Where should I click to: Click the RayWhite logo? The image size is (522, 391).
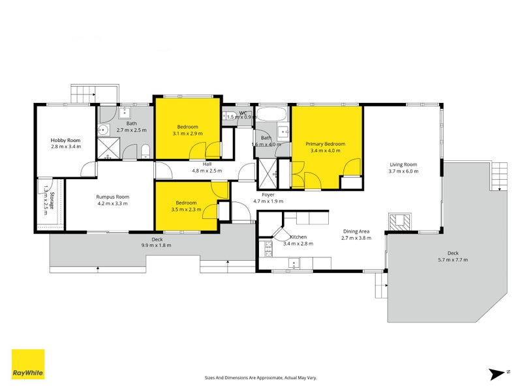[28, 364]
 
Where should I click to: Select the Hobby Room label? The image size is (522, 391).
[65, 140]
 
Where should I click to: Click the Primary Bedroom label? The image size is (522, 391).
[326, 144]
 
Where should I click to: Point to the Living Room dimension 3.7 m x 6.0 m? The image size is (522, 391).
[403, 171]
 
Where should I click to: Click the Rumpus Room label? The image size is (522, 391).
[112, 197]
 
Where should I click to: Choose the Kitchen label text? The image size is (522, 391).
[298, 237]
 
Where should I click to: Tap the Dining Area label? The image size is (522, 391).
[356, 231]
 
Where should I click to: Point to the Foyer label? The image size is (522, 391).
[268, 195]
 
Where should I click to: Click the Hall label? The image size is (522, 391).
[207, 164]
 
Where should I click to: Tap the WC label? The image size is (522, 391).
[243, 113]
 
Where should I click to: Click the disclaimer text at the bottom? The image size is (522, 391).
[260, 377]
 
